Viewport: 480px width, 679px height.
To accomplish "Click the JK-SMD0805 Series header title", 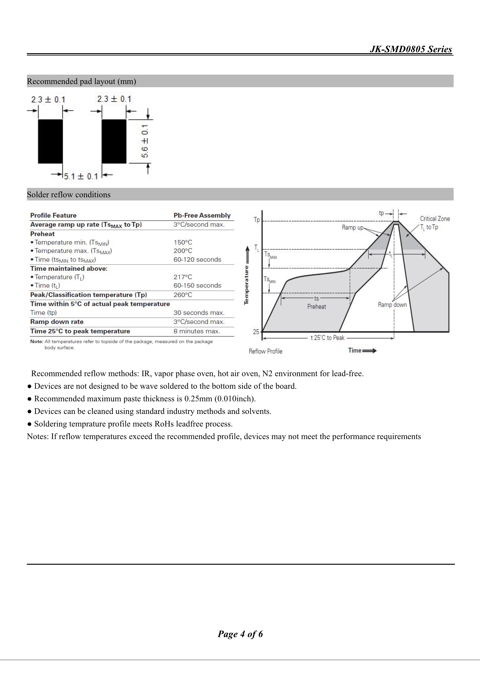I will tap(411, 49).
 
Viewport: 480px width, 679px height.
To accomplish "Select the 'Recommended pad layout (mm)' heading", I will tap(81, 81).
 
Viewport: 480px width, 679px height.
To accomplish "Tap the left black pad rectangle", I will tap(50, 141).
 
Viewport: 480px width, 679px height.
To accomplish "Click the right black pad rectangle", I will tap(114, 141).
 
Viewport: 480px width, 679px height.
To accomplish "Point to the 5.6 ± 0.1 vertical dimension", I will tap(145, 141).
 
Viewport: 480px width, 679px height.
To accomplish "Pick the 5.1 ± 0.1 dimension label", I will tap(81, 177).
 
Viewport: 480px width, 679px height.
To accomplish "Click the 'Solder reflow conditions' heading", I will tap(69, 195).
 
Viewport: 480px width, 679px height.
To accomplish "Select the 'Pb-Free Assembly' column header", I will tap(202, 215).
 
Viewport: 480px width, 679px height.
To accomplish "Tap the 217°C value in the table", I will tap(183, 277).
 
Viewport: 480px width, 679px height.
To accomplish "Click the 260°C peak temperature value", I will tap(183, 294).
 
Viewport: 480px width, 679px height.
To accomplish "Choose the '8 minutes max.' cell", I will tap(197, 331).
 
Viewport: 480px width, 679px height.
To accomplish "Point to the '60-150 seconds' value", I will tap(197, 285).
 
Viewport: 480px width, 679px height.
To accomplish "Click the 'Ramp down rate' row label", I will tap(57, 322).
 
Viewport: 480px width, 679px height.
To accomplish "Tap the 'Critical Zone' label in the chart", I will tap(435, 219).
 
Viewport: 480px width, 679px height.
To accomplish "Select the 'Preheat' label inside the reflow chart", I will tap(317, 307).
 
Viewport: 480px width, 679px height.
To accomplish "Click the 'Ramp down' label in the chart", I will tap(392, 305).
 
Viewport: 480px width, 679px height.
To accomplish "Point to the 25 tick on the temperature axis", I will tap(256, 332).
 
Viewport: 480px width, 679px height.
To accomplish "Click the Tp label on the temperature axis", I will tap(257, 220).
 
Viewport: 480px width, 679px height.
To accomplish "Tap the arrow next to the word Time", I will tap(370, 351).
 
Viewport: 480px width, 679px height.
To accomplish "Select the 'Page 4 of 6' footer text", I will tap(240, 634).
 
